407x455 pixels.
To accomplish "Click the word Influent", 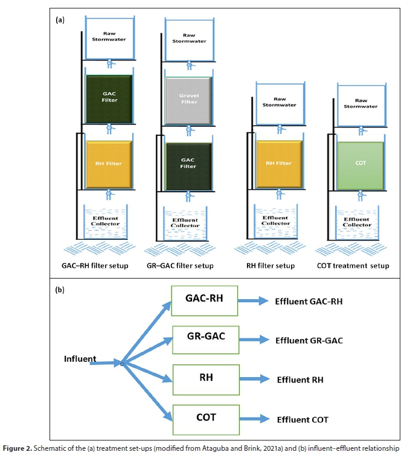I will click(x=80, y=359).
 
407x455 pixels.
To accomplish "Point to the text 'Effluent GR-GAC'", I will click(x=309, y=341).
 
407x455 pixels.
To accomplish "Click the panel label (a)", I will click(x=60, y=20).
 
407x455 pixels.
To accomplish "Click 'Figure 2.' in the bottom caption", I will click(x=16, y=448).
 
